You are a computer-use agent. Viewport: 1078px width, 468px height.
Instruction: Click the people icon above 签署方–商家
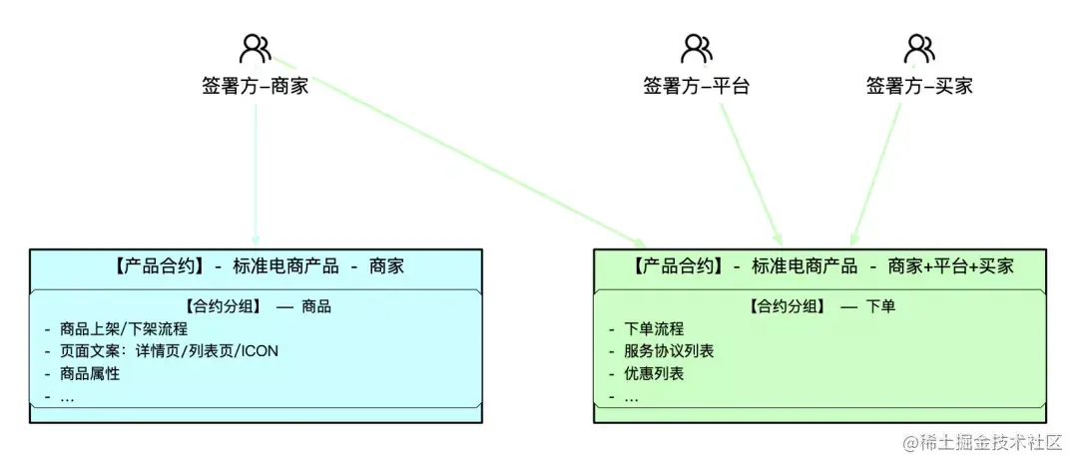click(x=256, y=48)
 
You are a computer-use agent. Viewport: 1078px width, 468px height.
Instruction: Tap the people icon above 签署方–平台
click(x=696, y=48)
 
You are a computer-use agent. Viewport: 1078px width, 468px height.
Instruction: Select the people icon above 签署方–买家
click(x=918, y=48)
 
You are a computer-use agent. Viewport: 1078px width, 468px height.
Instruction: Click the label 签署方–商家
click(x=256, y=86)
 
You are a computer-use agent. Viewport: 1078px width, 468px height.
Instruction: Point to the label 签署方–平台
click(x=696, y=86)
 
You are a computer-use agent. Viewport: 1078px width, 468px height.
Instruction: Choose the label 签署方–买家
click(x=918, y=86)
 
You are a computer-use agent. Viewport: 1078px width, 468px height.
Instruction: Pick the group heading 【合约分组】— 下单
click(x=822, y=306)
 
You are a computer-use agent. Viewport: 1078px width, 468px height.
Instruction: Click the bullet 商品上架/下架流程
click(x=123, y=328)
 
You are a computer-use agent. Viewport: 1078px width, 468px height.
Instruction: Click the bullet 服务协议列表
click(x=669, y=351)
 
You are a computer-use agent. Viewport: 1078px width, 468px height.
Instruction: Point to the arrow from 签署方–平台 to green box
click(x=750, y=170)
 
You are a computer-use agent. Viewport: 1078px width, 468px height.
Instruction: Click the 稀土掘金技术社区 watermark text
click(x=991, y=442)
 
